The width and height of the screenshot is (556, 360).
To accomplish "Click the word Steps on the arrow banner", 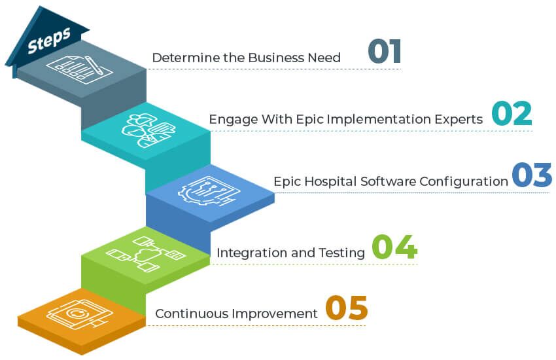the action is (49, 40).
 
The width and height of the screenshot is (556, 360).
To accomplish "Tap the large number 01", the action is (385, 52).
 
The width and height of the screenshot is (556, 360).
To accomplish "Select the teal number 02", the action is (512, 113).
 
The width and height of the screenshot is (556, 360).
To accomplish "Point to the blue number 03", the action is (532, 175).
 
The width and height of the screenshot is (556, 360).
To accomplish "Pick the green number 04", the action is (394, 247).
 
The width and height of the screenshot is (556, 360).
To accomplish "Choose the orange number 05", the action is (347, 308).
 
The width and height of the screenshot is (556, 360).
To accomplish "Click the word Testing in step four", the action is (341, 253).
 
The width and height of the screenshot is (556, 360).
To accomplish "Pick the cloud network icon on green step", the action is (145, 253).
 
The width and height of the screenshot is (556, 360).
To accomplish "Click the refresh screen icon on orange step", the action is (79, 314).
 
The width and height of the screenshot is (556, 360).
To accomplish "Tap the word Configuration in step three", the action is (464, 181).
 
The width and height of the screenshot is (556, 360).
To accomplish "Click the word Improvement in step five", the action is (275, 314).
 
